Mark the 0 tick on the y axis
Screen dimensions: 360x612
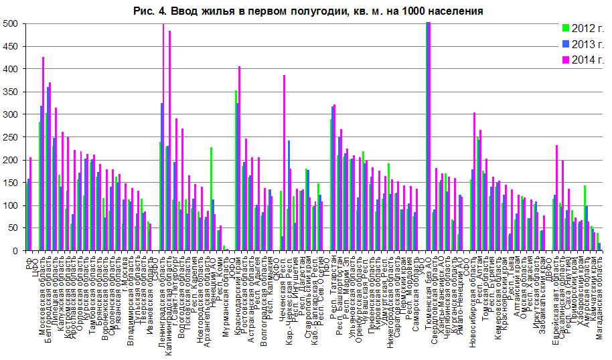[x=15, y=251]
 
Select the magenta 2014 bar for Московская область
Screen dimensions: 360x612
[x=44, y=154]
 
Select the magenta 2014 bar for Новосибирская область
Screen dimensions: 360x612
[x=475, y=181]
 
